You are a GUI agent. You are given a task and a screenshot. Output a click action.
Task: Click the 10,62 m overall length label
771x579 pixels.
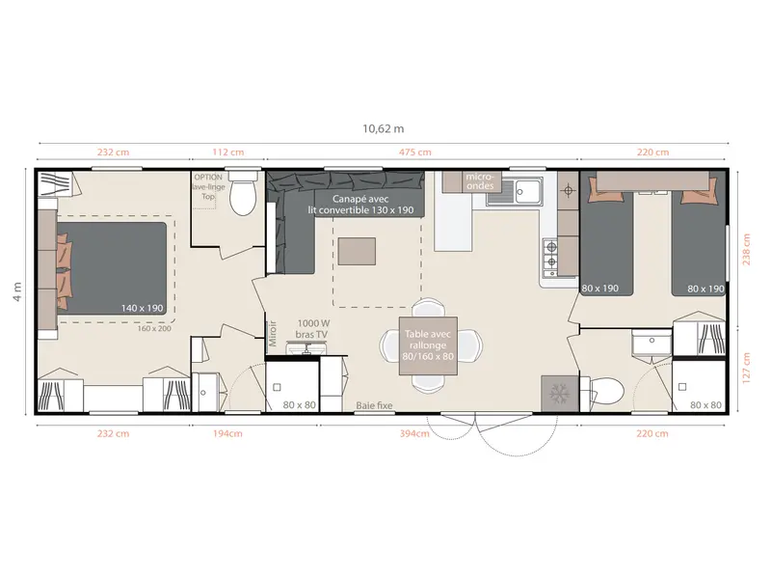(383, 129)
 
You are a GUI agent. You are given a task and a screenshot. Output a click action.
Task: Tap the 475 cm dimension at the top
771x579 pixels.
(415, 152)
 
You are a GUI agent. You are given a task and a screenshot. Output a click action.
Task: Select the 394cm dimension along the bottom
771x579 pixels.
(414, 433)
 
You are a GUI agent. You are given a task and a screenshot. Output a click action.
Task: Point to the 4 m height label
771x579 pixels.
(17, 291)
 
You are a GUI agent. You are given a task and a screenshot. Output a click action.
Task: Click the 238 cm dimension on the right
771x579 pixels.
(746, 250)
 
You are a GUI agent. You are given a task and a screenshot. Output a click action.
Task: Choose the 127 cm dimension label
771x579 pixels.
(746, 368)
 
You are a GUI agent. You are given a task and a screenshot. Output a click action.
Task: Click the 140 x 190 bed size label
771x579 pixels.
(142, 308)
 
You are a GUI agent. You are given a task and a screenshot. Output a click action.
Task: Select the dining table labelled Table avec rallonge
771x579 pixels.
(428, 345)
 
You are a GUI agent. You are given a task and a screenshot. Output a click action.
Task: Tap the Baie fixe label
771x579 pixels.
(374, 405)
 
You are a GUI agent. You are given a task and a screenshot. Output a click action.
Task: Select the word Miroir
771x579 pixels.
(273, 333)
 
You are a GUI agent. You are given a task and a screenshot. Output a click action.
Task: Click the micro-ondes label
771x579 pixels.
(479, 180)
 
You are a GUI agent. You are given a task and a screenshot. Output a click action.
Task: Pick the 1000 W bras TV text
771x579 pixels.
(313, 329)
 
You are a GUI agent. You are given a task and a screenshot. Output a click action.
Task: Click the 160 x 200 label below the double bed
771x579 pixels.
(154, 328)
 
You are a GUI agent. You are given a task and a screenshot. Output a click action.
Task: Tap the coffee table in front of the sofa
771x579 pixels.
(357, 252)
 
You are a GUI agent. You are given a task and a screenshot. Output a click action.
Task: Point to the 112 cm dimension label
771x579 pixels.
(228, 152)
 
